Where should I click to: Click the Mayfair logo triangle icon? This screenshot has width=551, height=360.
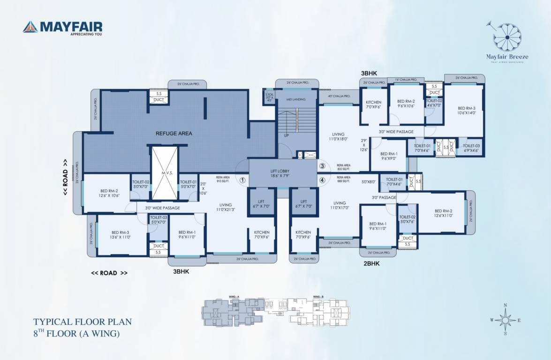pos(30,27)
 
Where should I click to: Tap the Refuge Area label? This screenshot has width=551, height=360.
pos(174,134)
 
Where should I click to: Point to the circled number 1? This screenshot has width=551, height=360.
pos(242,180)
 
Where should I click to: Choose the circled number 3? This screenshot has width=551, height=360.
pos(322,166)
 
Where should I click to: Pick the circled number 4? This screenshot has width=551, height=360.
pos(322,180)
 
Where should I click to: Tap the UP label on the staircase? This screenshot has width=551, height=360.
pos(286,135)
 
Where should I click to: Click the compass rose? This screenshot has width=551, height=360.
pos(505,320)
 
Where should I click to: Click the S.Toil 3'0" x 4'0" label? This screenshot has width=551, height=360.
pos(269,97)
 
